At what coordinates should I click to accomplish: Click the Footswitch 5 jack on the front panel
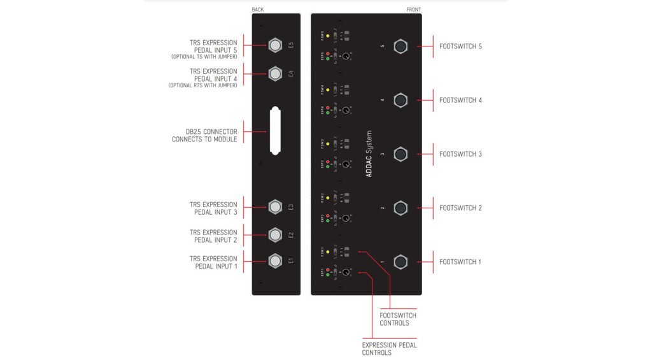400,47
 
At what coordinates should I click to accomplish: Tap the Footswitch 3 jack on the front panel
400,154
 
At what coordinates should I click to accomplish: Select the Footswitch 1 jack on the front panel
400,262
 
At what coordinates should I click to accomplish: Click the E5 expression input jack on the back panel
274,46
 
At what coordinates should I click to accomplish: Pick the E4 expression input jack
274,74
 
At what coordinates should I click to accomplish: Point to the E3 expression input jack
274,207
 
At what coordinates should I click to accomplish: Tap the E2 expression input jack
274,235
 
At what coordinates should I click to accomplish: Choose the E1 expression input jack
274,261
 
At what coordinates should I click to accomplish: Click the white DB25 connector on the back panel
274,130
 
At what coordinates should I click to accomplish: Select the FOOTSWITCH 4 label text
460,101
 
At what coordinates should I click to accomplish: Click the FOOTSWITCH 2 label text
460,208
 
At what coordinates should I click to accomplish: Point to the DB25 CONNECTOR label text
207,135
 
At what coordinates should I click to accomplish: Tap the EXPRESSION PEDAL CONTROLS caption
389,349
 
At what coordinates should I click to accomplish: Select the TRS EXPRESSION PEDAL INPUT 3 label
213,208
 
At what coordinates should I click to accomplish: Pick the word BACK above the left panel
257,10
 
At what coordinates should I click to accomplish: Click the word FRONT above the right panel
413,10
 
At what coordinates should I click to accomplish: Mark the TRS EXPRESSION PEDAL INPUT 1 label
213,263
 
